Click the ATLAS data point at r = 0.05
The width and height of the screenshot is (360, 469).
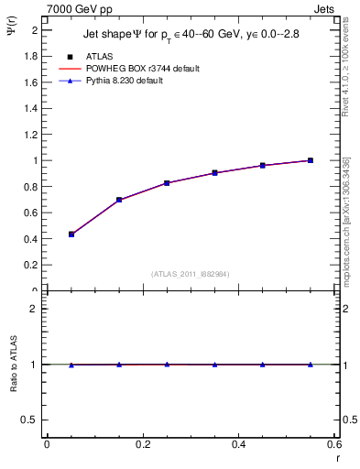71,234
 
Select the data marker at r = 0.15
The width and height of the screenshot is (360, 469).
119,200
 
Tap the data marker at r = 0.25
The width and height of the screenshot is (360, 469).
167,183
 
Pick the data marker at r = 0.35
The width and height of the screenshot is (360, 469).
214,173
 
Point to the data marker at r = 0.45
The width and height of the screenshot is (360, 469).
263,166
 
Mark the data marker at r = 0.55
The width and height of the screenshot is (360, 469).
311,160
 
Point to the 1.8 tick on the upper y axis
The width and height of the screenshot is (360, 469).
34,56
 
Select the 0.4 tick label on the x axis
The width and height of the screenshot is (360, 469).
238,444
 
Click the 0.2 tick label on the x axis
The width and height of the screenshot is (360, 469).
142,444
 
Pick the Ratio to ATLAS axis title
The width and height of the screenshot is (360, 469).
15,364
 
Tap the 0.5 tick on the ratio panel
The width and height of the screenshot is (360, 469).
33,420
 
